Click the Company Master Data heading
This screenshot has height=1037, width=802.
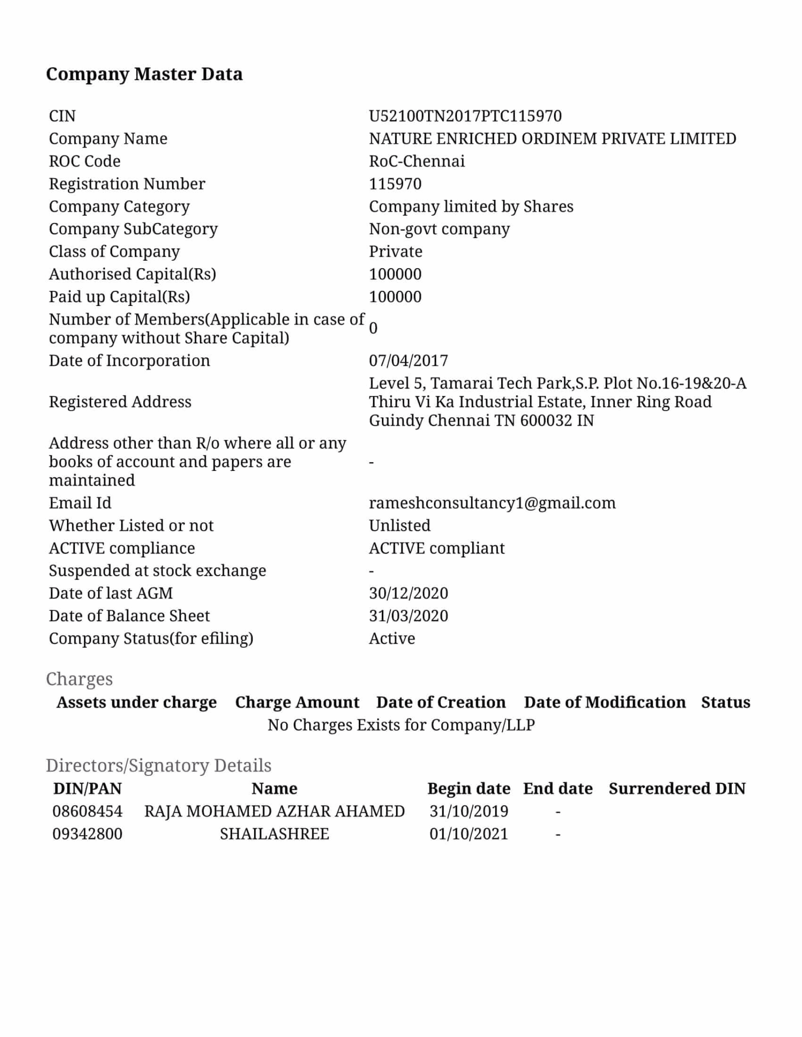[144, 74]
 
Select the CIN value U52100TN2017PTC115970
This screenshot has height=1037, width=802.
[465, 116]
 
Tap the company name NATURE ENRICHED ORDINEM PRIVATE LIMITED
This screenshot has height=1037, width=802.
[552, 139]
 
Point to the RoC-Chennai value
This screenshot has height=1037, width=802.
[417, 161]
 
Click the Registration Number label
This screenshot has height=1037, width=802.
[127, 184]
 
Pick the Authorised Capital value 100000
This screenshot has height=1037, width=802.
[395, 274]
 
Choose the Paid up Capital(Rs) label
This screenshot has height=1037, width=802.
[119, 297]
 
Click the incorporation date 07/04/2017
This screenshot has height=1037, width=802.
[408, 361]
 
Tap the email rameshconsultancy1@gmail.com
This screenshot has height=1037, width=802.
[492, 503]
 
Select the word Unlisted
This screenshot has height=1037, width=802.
[400, 526]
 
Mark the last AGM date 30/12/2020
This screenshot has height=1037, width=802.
[408, 594]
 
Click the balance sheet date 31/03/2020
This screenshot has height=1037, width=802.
[408, 616]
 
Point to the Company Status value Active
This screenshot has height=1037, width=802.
[392, 638]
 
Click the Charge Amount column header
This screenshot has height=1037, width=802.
[297, 702]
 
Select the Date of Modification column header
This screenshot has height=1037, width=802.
[605, 702]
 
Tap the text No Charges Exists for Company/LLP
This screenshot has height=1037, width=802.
[401, 725]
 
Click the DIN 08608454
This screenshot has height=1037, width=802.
[87, 811]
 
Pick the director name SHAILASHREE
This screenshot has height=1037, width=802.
[274, 834]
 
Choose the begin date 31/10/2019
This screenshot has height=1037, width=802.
[468, 811]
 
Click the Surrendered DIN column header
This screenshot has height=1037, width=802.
[677, 789]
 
